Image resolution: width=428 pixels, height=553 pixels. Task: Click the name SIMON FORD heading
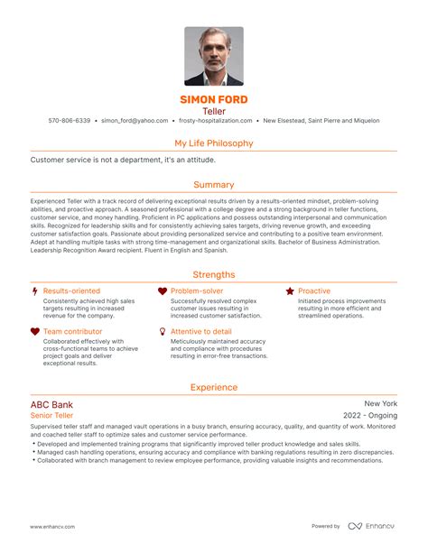(x=214, y=99)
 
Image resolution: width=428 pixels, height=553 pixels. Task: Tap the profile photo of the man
(x=214, y=56)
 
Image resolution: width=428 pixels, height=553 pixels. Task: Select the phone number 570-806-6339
(x=70, y=120)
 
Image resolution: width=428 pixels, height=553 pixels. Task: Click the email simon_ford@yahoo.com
(x=135, y=120)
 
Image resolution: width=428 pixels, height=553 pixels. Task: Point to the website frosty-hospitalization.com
(x=214, y=120)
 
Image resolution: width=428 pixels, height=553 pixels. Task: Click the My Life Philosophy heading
(x=214, y=143)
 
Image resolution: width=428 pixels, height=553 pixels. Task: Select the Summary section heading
(x=214, y=185)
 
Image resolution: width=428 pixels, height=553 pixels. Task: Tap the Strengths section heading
(x=214, y=274)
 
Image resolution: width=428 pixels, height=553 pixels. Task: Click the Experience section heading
(x=214, y=387)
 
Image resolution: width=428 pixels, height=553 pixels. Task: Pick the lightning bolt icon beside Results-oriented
(x=34, y=291)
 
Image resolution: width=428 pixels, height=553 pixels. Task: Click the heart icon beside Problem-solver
(x=163, y=291)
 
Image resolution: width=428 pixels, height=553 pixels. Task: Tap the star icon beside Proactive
(x=290, y=291)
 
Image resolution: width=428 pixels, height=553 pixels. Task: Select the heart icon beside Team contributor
(x=34, y=332)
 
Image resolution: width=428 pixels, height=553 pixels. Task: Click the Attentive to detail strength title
(x=201, y=332)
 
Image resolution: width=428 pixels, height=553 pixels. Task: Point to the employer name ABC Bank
(x=51, y=405)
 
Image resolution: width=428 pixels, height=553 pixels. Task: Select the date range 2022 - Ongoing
(x=368, y=417)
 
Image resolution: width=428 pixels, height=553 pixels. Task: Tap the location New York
(x=380, y=404)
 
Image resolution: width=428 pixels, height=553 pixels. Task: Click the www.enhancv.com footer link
(x=52, y=526)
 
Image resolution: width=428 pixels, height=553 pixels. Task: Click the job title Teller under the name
(x=214, y=110)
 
